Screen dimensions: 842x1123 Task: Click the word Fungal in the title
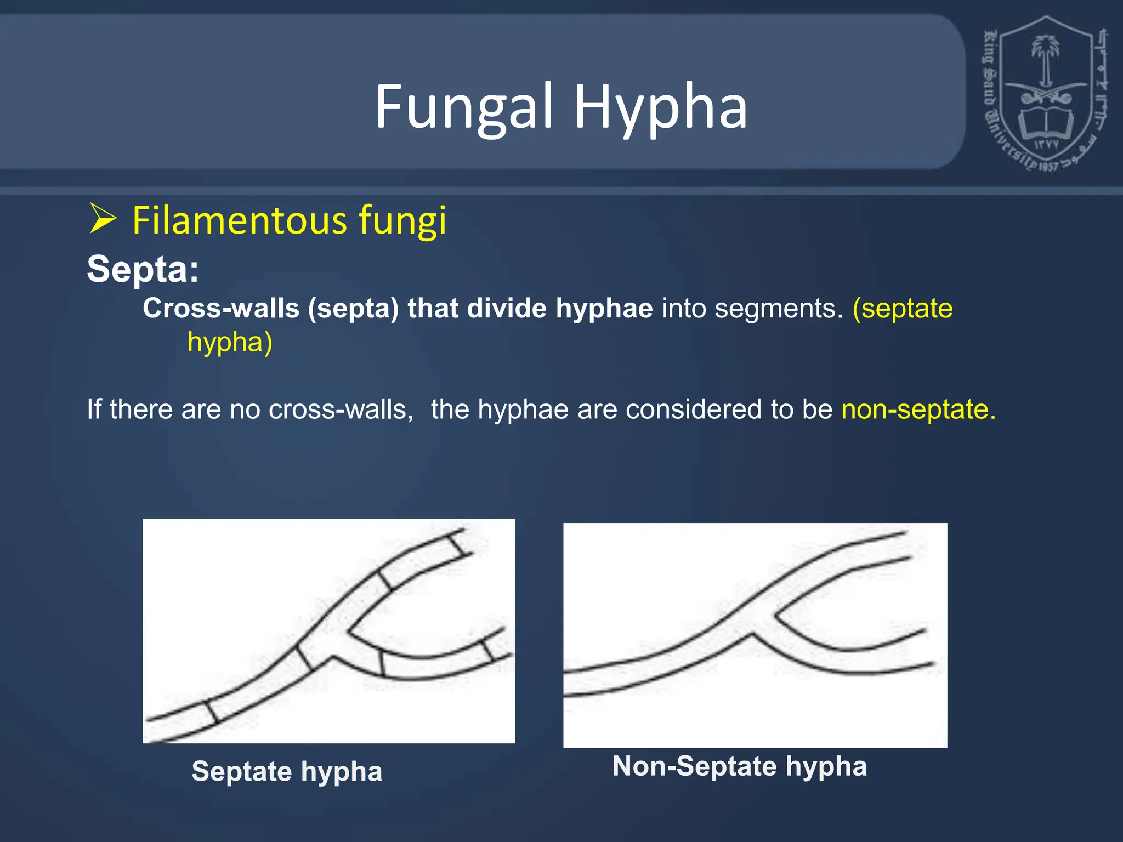click(463, 107)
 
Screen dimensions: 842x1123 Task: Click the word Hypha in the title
click(660, 107)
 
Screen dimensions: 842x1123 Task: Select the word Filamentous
click(240, 220)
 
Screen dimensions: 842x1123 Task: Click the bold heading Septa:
click(143, 269)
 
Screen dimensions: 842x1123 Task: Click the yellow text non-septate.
click(918, 409)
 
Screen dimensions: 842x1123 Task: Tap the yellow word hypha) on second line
click(230, 342)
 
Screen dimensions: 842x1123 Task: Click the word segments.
click(779, 308)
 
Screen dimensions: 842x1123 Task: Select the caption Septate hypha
click(287, 771)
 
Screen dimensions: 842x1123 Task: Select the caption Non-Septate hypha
click(740, 766)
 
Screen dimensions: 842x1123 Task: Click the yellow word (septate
click(903, 308)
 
